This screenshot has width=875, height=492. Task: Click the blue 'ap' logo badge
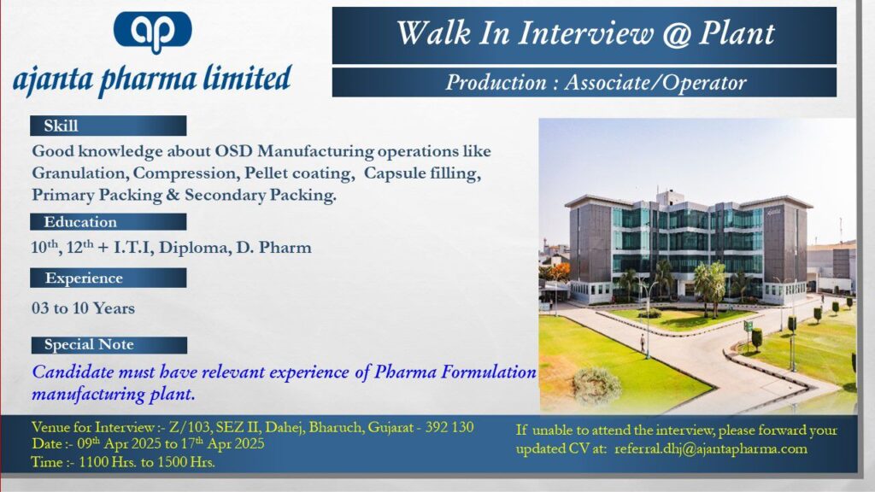pyautogui.click(x=152, y=32)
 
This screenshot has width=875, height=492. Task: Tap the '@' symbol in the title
pyautogui.click(x=676, y=33)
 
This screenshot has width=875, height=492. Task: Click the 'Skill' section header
pyautogui.click(x=109, y=126)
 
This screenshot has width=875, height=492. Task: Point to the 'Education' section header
pyautogui.click(x=109, y=221)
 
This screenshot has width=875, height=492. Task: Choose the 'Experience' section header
pyautogui.click(x=109, y=278)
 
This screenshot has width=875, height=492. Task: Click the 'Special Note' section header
pyautogui.click(x=109, y=345)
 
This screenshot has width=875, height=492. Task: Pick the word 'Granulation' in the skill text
pyautogui.click(x=79, y=173)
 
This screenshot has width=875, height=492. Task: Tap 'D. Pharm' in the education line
pyautogui.click(x=273, y=247)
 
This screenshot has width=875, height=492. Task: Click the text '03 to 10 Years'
pyautogui.click(x=83, y=307)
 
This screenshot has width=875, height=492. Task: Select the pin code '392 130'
pyautogui.click(x=449, y=427)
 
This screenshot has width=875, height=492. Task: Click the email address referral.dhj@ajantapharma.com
pyautogui.click(x=710, y=448)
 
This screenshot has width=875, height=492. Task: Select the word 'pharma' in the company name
pyautogui.click(x=147, y=79)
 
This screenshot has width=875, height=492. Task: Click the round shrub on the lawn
pyautogui.click(x=596, y=384)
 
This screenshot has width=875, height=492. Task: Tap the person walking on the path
pyautogui.click(x=643, y=343)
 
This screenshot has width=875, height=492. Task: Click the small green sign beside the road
pyautogui.click(x=748, y=325)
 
